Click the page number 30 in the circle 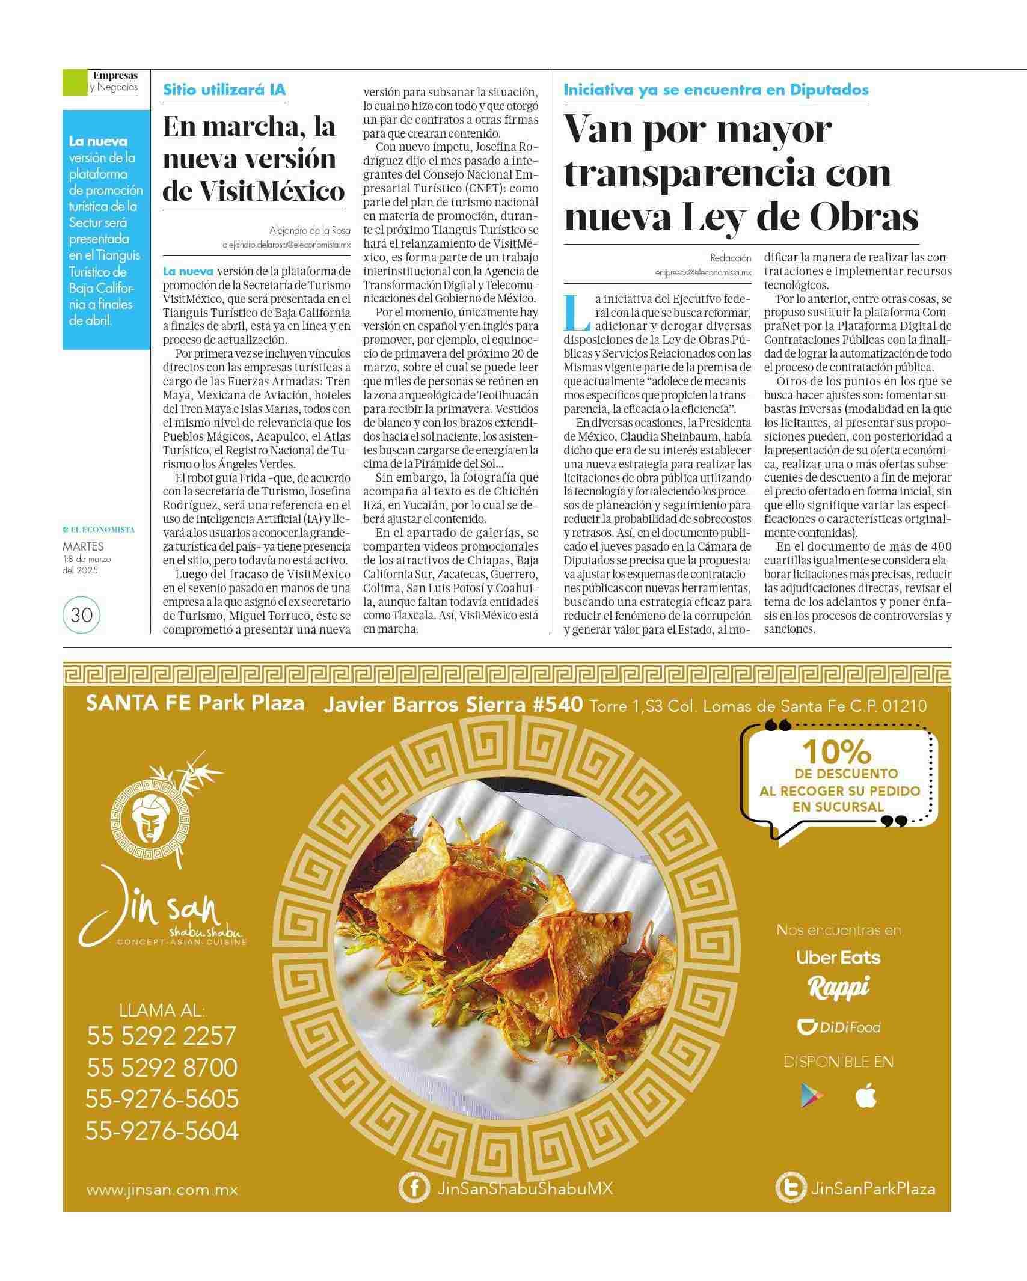point(81,615)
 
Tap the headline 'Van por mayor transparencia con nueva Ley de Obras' point(741,173)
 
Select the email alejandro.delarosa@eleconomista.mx point(286,245)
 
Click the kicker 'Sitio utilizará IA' point(224,90)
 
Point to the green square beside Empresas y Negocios point(75,83)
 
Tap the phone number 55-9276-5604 point(162,1131)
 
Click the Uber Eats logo point(838,957)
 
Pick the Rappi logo point(838,987)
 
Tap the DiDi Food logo point(838,1027)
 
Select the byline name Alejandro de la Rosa point(310,230)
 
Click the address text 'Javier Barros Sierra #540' point(453,705)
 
